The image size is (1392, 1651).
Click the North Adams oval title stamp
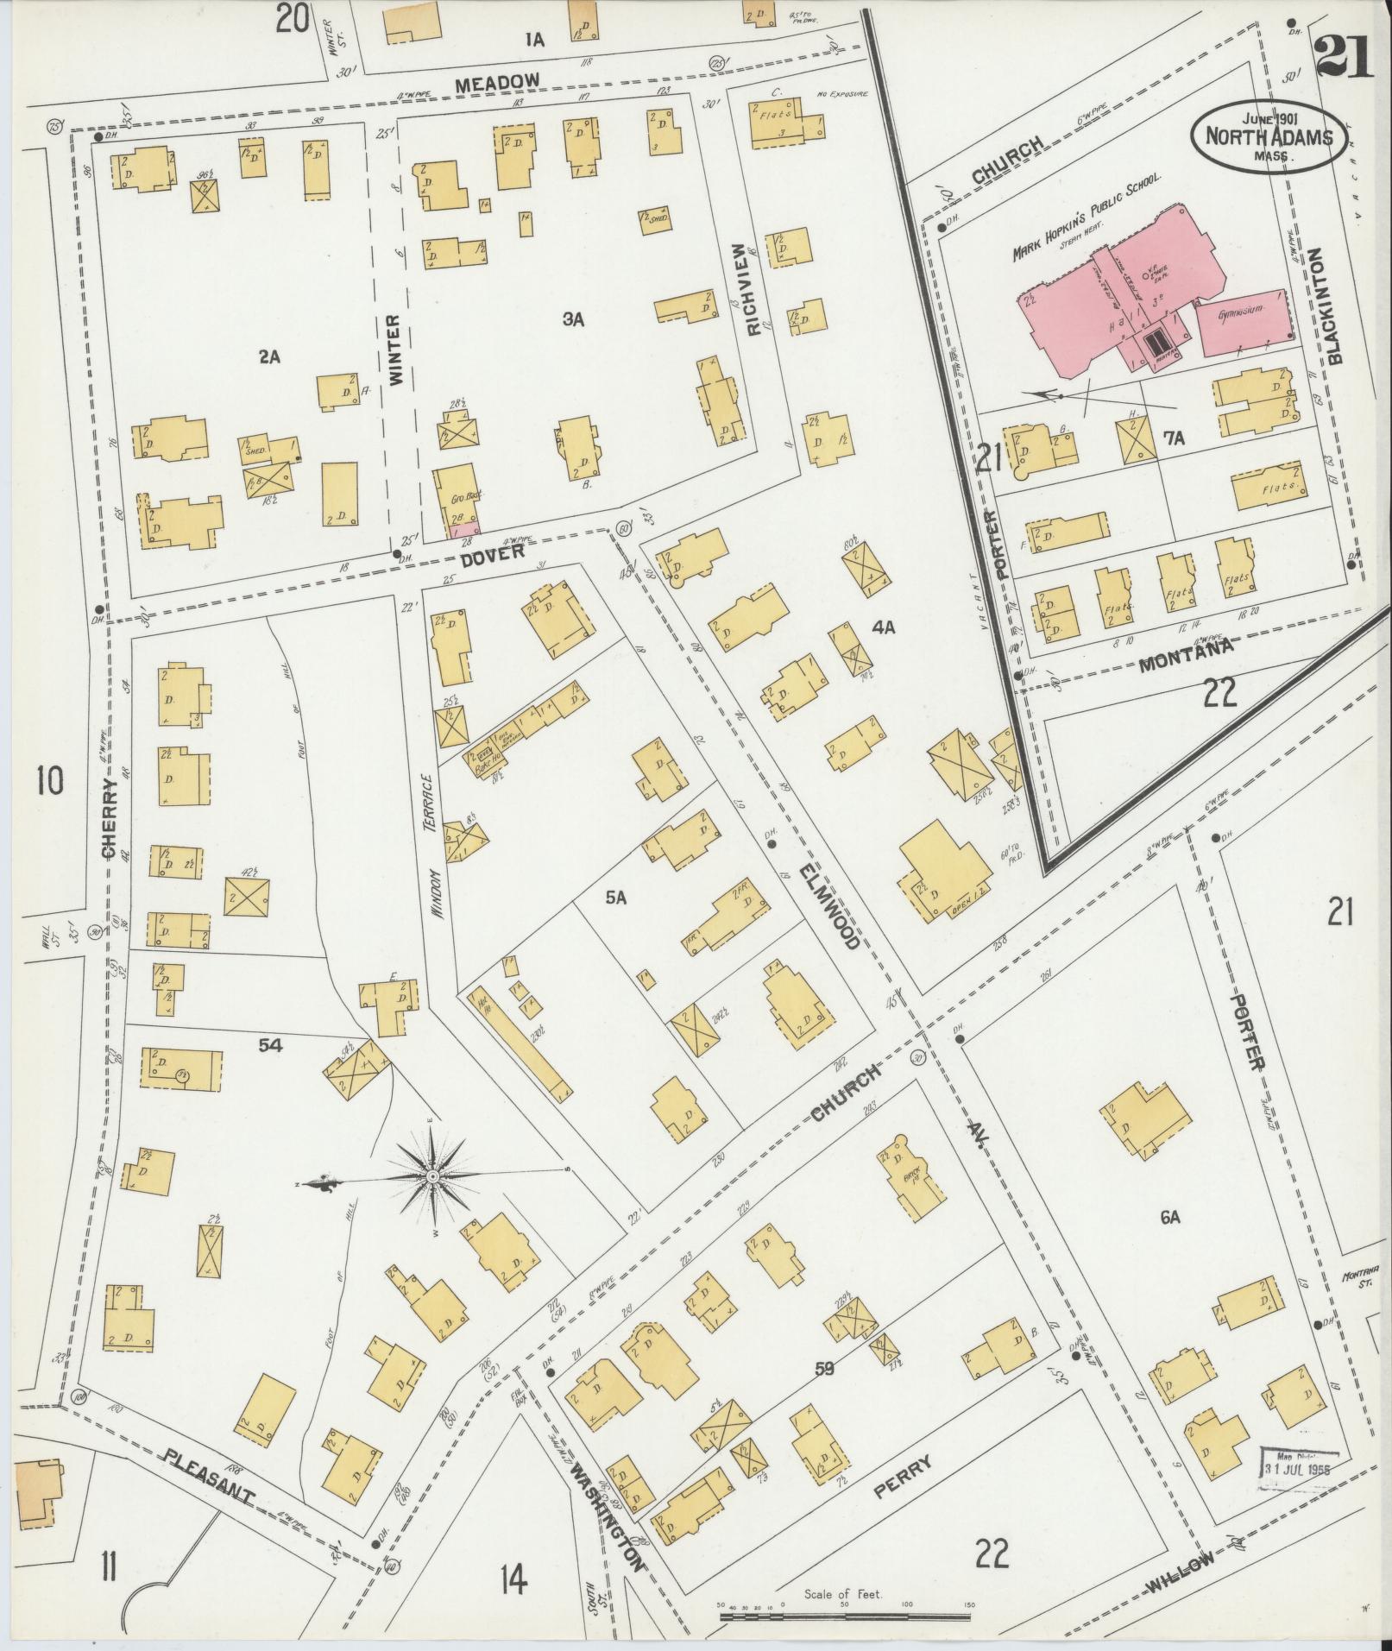[1266, 136]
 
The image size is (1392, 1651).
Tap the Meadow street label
[497, 83]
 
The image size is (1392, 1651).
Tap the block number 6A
[1169, 1218]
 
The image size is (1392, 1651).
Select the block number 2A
[269, 356]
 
